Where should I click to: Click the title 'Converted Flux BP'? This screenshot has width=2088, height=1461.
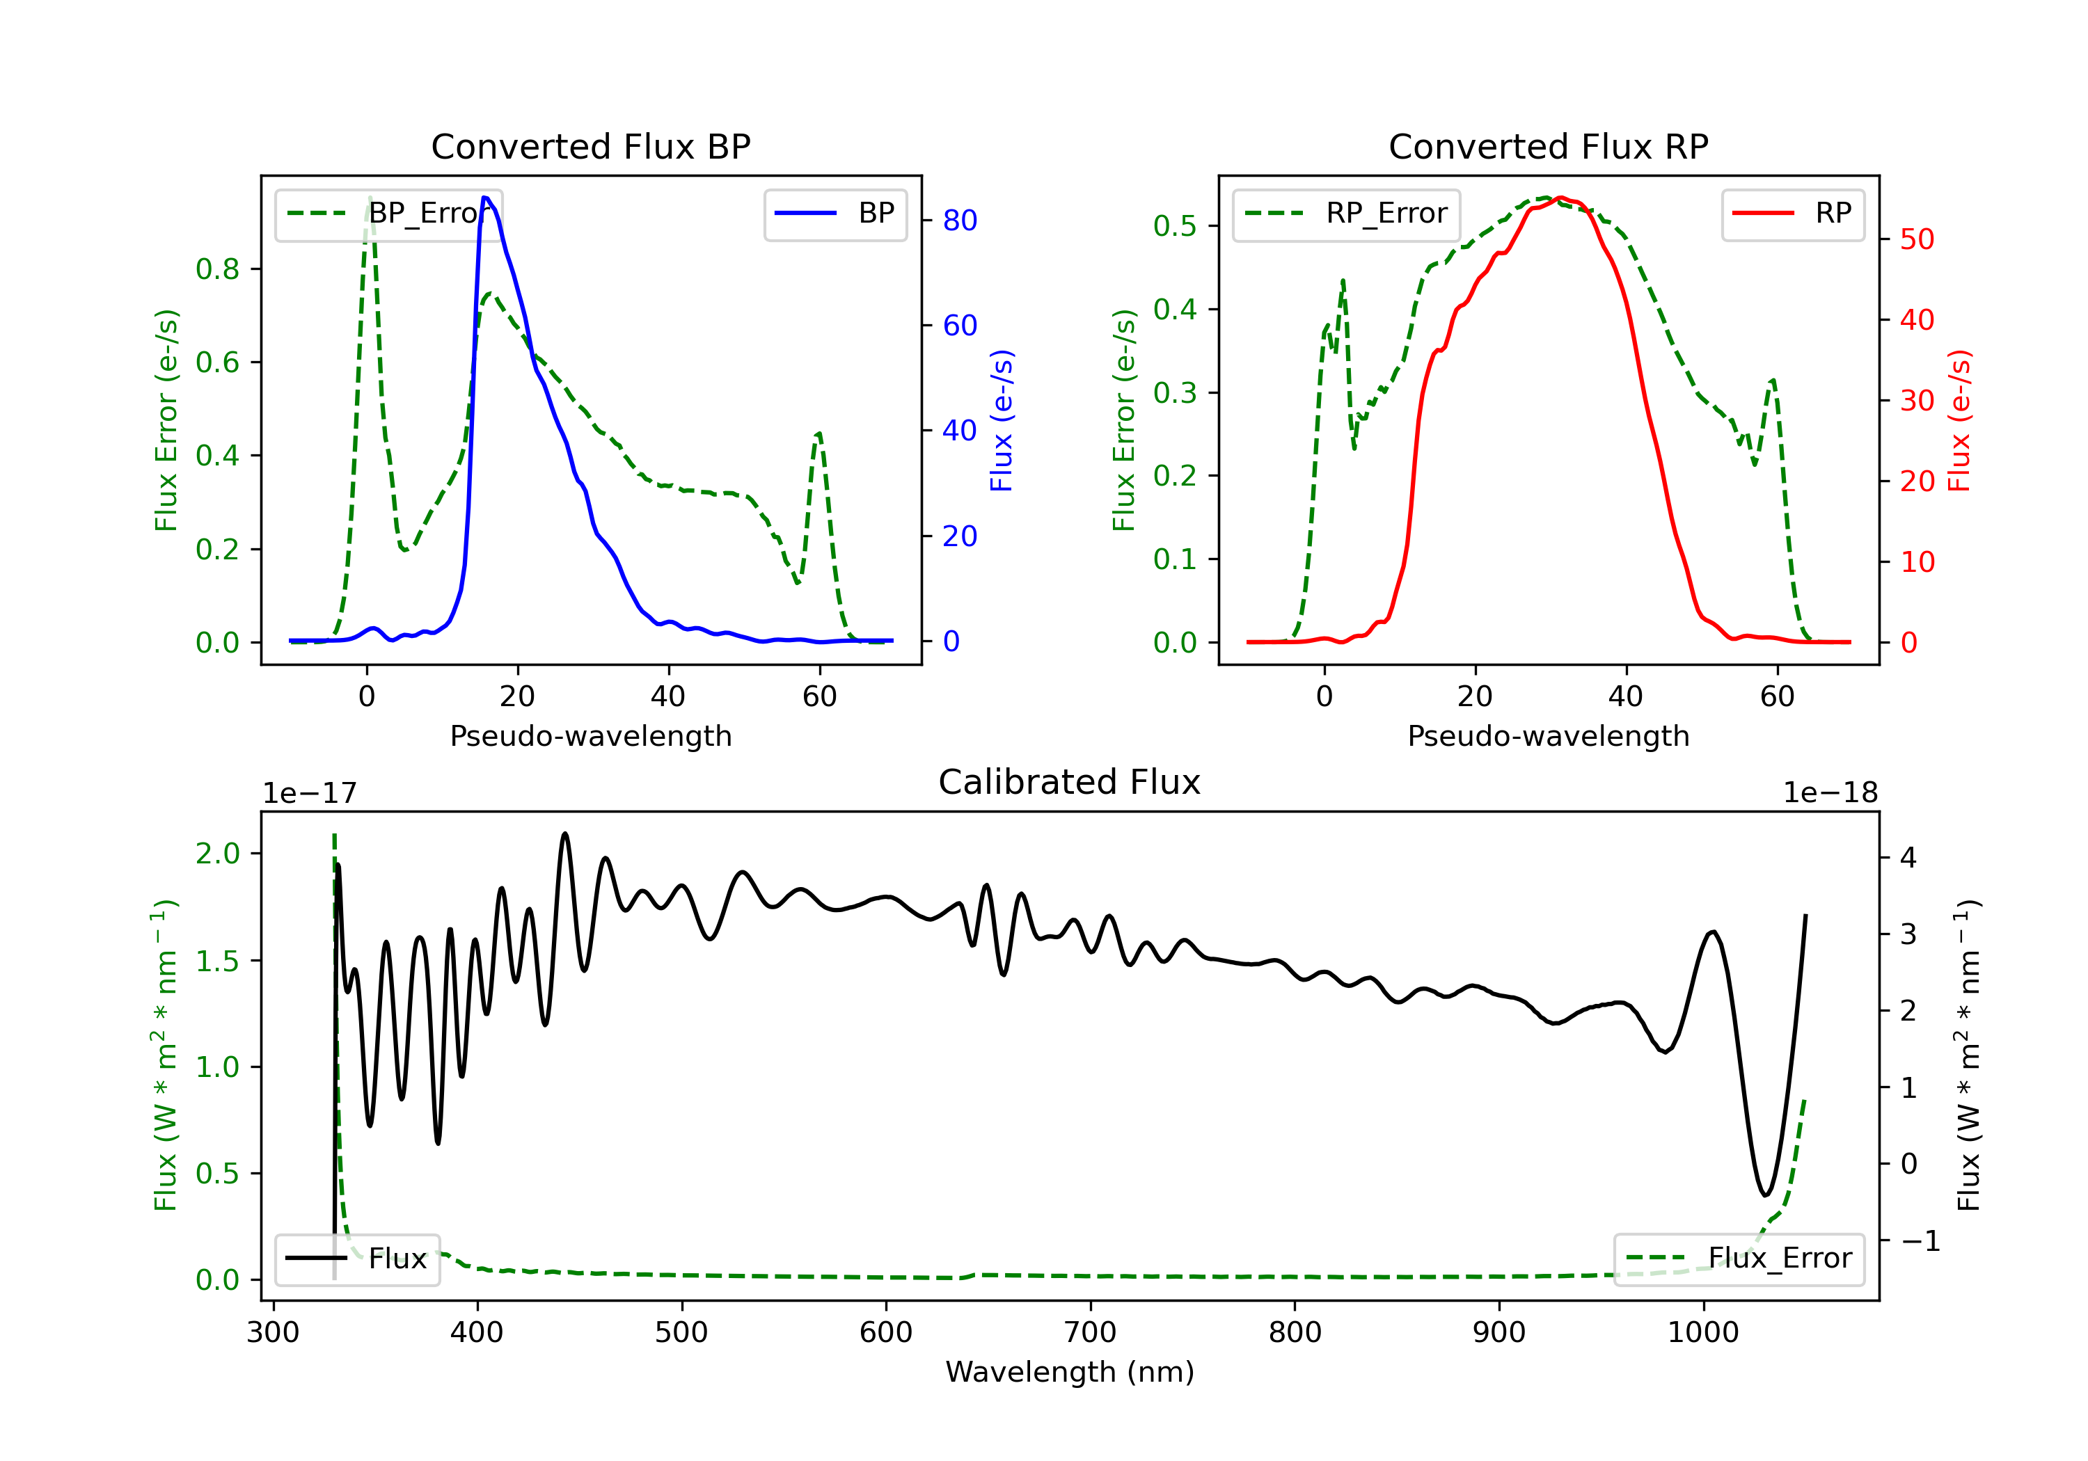coord(590,146)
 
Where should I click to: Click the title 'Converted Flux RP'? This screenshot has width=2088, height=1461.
coord(1548,146)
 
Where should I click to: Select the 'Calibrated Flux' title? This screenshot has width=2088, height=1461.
coord(1070,782)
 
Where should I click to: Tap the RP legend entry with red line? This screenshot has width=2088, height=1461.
coord(1792,213)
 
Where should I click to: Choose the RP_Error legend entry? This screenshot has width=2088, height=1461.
coord(1346,214)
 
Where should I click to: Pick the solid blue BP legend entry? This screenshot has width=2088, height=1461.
coord(835,213)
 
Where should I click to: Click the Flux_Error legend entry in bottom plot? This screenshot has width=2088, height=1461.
coord(1739,1259)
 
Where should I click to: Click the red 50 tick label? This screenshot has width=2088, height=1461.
coord(1917,239)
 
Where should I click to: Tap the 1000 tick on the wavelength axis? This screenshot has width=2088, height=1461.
coord(1702,1333)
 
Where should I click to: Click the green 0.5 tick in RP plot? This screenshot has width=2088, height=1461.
coord(1175,225)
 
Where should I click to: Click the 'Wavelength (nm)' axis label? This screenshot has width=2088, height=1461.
coord(1070,1372)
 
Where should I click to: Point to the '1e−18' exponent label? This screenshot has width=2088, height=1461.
coord(1830,793)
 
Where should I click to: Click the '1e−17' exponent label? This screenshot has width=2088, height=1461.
coord(310,793)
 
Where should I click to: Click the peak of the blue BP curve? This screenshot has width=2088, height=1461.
coord(486,198)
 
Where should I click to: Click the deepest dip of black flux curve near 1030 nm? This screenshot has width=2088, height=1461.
coord(1765,1195)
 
